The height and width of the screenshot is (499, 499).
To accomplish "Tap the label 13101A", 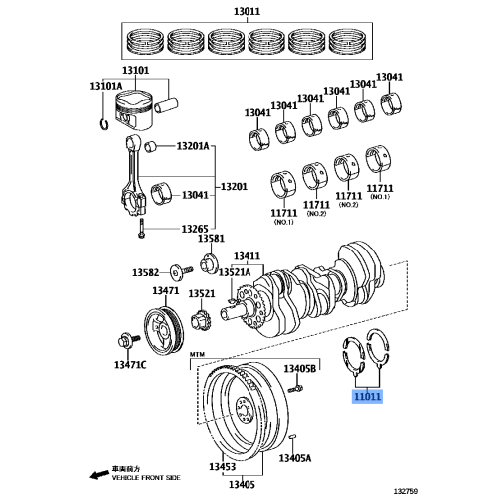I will [105, 86].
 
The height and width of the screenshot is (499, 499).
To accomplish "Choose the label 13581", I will [211, 241].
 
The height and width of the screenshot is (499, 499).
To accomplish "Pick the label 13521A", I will [236, 270].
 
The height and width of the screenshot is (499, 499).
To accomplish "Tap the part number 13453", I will [222, 467].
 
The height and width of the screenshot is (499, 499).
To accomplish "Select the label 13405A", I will [294, 458].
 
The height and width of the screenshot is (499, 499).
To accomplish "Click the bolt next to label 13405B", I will [293, 388].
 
